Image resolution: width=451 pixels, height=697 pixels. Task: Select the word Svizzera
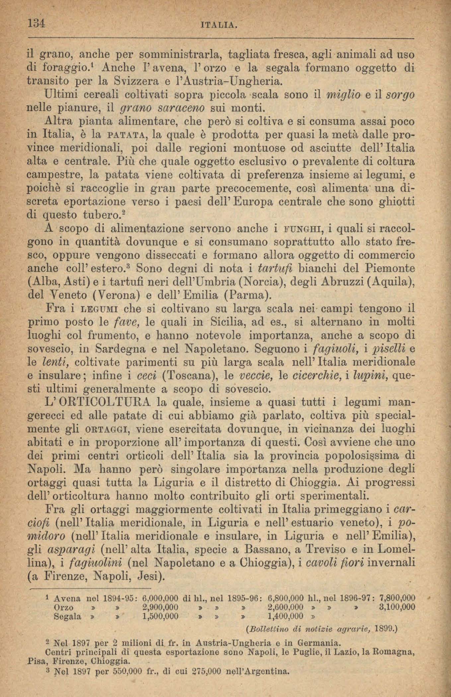141,81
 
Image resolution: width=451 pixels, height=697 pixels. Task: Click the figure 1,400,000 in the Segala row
285,617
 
